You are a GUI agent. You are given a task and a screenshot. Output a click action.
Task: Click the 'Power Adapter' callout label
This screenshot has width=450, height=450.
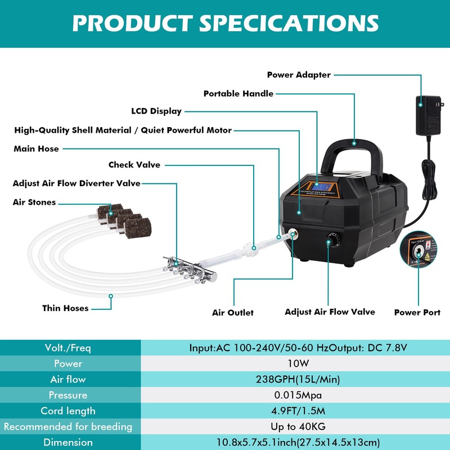click(299, 75)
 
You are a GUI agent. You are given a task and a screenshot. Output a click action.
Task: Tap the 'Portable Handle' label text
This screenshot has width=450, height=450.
click(238, 94)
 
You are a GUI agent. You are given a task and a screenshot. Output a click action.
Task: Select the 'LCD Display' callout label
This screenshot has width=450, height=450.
click(156, 111)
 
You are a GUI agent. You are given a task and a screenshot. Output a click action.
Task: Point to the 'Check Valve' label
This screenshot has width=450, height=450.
click(134, 165)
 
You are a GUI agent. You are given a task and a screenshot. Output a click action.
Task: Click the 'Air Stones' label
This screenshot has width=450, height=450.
click(34, 202)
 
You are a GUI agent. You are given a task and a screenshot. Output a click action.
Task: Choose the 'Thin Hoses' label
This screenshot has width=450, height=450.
click(65, 308)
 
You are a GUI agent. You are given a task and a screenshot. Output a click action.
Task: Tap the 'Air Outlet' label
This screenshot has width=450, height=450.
click(233, 313)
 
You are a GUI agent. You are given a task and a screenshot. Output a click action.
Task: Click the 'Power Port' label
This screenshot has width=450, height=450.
click(417, 312)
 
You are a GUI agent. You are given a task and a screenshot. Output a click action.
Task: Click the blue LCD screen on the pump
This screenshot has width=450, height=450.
click(316, 188)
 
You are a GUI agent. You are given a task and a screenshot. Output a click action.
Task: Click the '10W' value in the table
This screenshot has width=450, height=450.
click(298, 364)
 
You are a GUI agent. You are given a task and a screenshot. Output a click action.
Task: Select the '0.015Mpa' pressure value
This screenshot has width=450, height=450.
click(298, 395)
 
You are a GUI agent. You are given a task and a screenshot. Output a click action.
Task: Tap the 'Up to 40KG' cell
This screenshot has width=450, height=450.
click(298, 427)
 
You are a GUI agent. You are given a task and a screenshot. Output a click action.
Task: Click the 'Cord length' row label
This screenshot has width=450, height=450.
click(68, 411)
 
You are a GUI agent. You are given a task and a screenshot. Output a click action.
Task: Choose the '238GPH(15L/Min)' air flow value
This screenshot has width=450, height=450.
click(298, 380)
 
